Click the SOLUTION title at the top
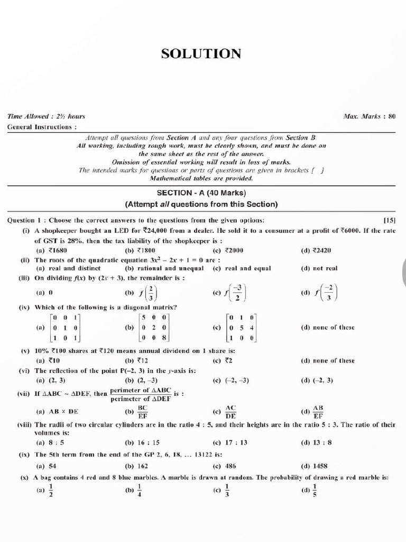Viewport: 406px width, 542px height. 201,53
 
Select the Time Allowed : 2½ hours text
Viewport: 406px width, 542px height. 46,116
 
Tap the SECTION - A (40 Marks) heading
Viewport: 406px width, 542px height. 201,193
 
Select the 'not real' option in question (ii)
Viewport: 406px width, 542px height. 324,268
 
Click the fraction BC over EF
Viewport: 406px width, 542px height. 142,411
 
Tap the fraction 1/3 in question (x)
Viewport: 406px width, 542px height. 227,491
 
